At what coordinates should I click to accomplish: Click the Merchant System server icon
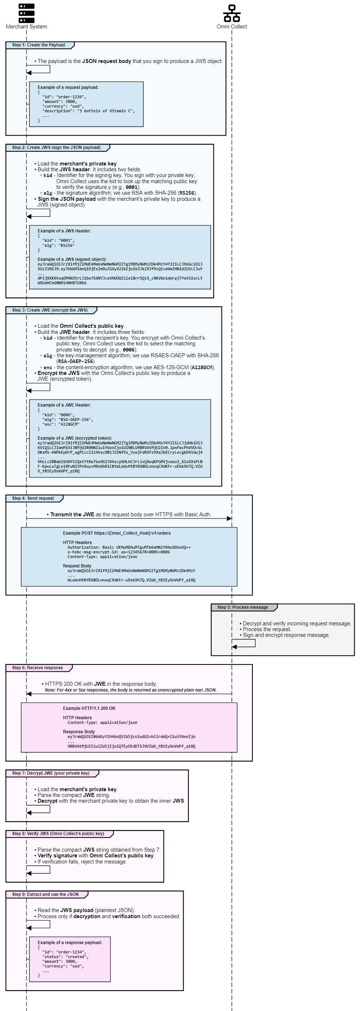pyautogui.click(x=26, y=13)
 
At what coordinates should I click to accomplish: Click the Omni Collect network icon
pyautogui.click(x=231, y=13)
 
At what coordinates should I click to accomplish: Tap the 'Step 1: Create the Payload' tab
pyautogui.click(x=39, y=45)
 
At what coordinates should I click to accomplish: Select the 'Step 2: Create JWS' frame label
pyautogui.click(x=56, y=148)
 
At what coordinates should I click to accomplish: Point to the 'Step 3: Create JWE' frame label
pyautogui.click(x=50, y=310)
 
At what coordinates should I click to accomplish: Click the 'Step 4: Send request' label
pyautogui.click(x=33, y=498)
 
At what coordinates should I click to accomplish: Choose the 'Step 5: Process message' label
pyautogui.click(x=243, y=607)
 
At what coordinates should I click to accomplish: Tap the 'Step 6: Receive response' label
pyautogui.click(x=37, y=668)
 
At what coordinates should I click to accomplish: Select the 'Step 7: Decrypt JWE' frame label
pyautogui.click(x=51, y=773)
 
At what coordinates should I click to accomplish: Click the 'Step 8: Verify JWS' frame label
pyautogui.click(x=58, y=834)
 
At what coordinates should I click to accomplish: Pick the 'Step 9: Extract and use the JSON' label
pyautogui.click(x=45, y=894)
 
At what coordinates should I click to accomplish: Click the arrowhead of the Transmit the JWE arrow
pyautogui.click(x=229, y=518)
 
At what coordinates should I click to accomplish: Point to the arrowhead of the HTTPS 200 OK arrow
pyautogui.click(x=29, y=694)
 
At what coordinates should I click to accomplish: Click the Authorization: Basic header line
pyautogui.click(x=129, y=547)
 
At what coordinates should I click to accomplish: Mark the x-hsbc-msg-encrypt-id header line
pyautogui.click(x=118, y=552)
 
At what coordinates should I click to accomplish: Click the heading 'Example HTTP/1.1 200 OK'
pyautogui.click(x=89, y=708)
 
